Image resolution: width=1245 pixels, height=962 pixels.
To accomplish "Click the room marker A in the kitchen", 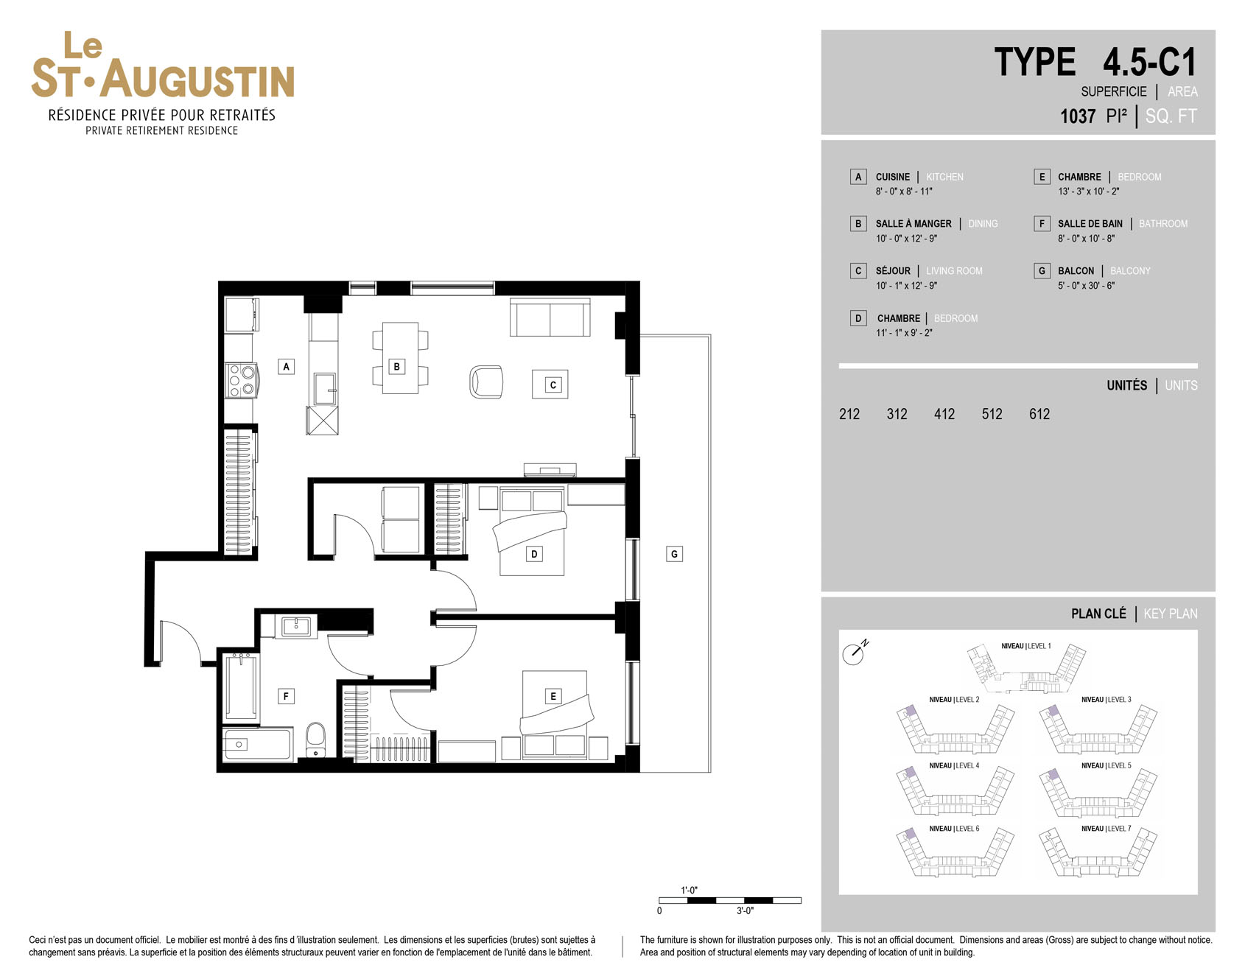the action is click(286, 366).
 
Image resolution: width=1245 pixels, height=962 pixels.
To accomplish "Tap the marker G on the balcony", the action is click(674, 554).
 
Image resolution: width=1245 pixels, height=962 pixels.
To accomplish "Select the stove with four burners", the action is click(240, 380).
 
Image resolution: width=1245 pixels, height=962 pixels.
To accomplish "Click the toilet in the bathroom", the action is click(315, 739).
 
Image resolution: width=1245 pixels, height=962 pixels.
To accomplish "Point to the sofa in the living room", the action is click(550, 317).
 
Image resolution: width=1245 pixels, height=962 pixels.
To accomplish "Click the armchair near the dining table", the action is click(486, 381).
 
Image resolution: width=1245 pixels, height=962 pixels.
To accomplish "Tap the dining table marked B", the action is click(400, 358).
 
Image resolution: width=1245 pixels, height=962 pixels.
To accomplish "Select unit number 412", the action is click(944, 414).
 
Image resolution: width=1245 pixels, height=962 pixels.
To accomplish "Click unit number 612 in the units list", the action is click(1039, 414).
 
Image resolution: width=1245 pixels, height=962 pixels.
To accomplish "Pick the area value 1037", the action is click(1078, 116).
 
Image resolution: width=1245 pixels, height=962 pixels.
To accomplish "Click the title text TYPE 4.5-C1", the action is click(1095, 62).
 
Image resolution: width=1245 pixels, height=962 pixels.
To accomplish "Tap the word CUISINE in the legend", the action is click(893, 177).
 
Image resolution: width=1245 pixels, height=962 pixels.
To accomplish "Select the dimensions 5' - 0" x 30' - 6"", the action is click(1086, 286).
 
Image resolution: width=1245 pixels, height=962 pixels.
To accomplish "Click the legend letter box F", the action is click(1042, 223).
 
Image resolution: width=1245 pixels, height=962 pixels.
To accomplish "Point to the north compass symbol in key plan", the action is click(855, 652).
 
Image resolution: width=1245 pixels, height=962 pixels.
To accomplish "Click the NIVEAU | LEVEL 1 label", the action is click(1026, 646).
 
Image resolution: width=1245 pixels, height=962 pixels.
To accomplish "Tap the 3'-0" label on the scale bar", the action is click(745, 911).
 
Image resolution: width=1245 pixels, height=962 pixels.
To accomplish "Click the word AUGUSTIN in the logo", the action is click(197, 80).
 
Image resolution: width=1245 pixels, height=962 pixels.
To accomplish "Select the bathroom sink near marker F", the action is click(296, 627).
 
